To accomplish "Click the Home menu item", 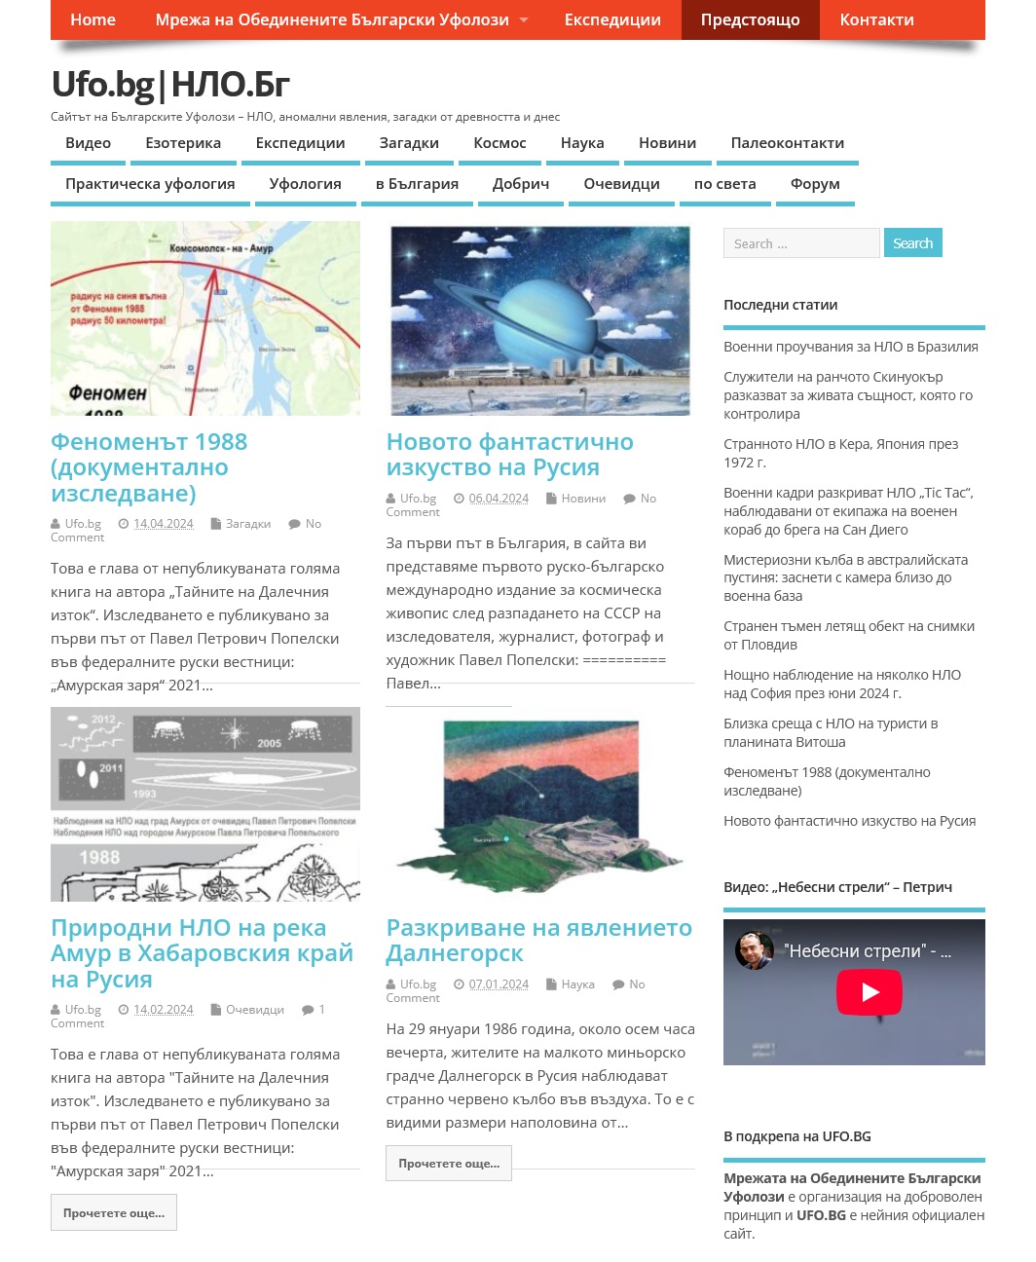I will [92, 19].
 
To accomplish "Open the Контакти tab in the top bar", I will [876, 19].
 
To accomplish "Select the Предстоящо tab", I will [750, 19].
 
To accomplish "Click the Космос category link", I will [499, 143].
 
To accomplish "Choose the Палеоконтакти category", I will [787, 143].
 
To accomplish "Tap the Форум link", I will [815, 184].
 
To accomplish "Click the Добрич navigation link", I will [521, 184].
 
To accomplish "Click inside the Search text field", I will [800, 243].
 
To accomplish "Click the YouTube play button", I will [869, 992].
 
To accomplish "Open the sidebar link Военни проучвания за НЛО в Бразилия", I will [850, 347].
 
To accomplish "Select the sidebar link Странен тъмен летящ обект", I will [848, 635].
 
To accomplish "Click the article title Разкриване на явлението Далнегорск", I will [538, 940].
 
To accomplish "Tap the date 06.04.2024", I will [499, 499].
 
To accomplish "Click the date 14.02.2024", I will [164, 1010].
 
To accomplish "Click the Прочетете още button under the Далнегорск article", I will [448, 1164].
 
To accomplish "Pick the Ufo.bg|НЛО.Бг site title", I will [170, 85].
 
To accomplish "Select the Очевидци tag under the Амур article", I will [255, 1010].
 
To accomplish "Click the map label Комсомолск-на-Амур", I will [221, 248].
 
